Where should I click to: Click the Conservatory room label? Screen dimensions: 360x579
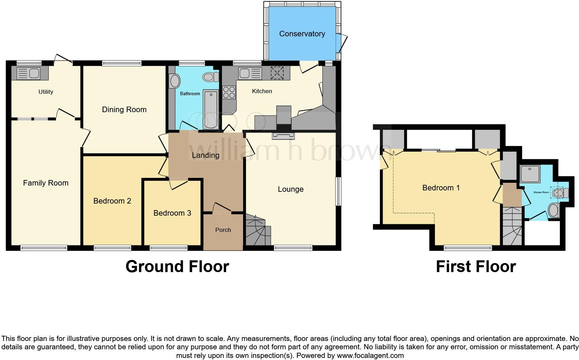[x=302, y=34]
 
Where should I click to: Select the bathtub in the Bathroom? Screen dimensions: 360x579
[x=211, y=109]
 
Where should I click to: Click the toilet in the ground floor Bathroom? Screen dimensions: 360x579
[x=211, y=77]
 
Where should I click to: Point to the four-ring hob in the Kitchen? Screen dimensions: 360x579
[x=229, y=92]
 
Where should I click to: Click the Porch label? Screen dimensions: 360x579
[x=223, y=230]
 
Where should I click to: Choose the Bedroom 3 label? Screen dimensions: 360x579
[x=172, y=213]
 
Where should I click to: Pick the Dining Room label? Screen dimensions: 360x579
[x=124, y=110]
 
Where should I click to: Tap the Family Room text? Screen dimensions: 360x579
[x=46, y=183]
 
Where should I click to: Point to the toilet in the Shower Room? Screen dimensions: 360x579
[x=559, y=192]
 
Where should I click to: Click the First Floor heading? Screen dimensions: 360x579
[x=476, y=267]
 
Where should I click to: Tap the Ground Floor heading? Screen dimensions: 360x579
[x=177, y=267]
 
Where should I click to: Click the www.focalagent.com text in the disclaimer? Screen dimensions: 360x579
[x=370, y=355]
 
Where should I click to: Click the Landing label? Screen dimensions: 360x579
[x=206, y=155]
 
